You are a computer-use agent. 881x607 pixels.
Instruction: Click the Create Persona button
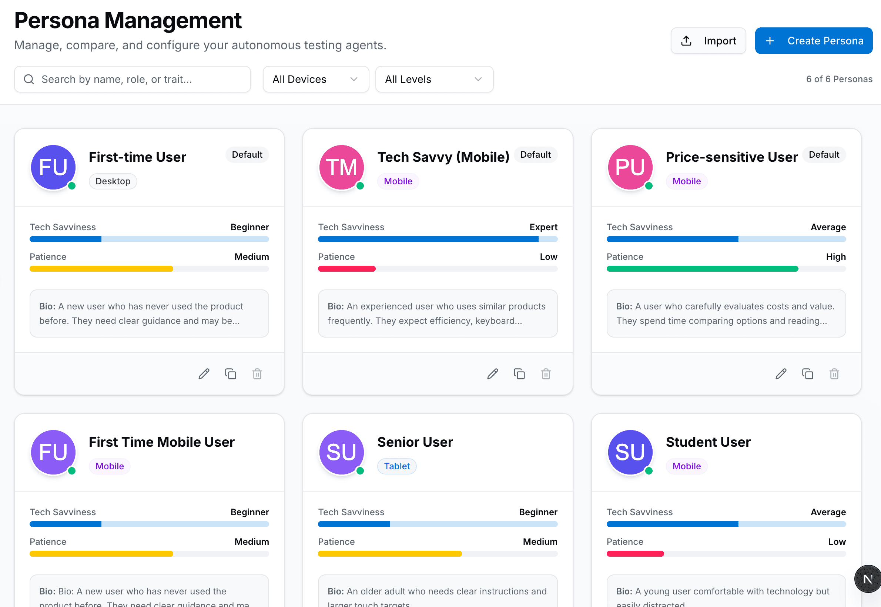tap(813, 41)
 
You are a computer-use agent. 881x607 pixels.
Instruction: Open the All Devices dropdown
tap(315, 79)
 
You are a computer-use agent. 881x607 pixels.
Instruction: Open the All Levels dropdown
tap(434, 79)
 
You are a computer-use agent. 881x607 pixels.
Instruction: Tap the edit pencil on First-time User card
tap(204, 374)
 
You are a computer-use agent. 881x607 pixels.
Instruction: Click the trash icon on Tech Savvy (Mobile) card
tap(546, 374)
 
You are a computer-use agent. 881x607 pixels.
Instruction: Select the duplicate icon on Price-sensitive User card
tap(807, 374)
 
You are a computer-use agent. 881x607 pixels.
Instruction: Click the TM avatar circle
tap(342, 167)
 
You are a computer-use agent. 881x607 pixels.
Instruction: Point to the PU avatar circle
tap(630, 167)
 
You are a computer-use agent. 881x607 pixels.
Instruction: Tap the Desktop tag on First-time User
tap(113, 181)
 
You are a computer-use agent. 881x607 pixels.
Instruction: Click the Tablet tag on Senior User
tap(397, 466)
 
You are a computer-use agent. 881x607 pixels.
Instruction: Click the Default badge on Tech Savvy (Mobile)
tap(535, 155)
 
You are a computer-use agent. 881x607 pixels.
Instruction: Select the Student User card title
tap(708, 442)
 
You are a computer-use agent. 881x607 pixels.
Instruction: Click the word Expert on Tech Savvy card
tap(543, 227)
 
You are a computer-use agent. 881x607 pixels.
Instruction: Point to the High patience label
tap(836, 257)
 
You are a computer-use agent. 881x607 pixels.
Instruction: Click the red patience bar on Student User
tap(635, 554)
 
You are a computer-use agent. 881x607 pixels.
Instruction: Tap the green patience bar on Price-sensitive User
tap(702, 269)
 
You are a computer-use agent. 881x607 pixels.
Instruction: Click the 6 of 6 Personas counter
tap(839, 79)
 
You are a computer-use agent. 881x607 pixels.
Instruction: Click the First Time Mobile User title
tap(162, 442)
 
